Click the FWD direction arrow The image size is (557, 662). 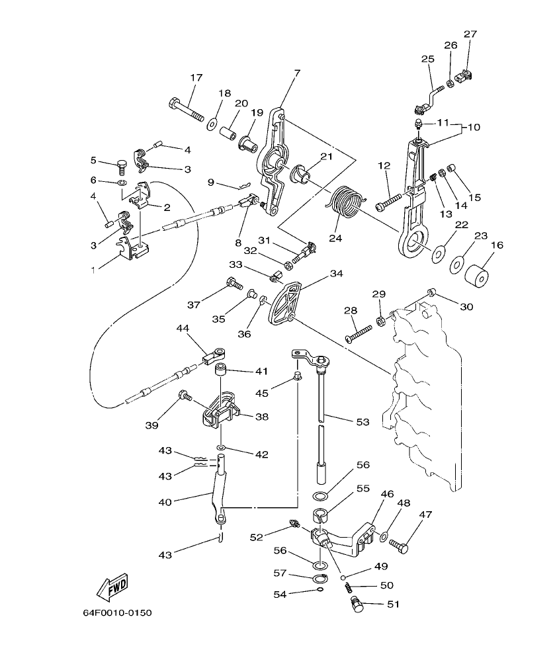pyautogui.click(x=112, y=585)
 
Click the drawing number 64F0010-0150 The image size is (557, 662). pyautogui.click(x=117, y=613)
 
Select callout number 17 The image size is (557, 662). pyautogui.click(x=196, y=77)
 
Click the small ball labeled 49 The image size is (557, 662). pyautogui.click(x=344, y=577)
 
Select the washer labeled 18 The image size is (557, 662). pyautogui.click(x=214, y=122)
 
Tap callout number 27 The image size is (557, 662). pyautogui.click(x=470, y=34)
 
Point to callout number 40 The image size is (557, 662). pyautogui.click(x=165, y=503)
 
